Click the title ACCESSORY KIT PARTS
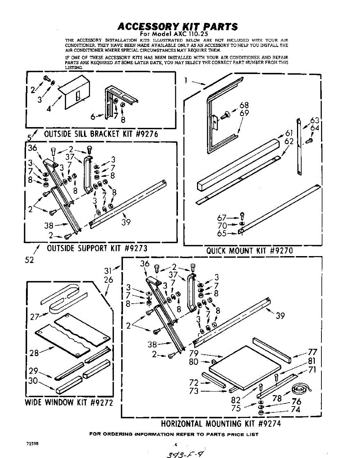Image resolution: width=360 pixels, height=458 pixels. tap(177, 27)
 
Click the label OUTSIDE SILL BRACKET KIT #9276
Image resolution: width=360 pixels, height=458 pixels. tap(101, 134)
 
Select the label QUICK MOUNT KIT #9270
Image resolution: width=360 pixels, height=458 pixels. tap(249, 251)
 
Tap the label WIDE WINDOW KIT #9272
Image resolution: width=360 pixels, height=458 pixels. tap(69, 403)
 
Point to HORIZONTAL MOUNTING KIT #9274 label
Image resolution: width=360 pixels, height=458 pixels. tap(221, 424)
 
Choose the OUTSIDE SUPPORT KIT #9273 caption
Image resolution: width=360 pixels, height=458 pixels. tap(97, 248)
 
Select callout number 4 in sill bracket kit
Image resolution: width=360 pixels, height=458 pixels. tap(49, 108)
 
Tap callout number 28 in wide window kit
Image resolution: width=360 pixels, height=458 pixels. tap(34, 353)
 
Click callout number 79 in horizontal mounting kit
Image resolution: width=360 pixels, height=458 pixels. tap(194, 353)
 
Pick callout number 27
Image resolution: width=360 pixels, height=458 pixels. tap(34, 316)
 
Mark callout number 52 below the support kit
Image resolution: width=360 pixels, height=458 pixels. tap(29, 260)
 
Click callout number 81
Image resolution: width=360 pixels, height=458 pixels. tap(312, 361)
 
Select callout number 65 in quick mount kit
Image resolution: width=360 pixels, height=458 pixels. tap(222, 234)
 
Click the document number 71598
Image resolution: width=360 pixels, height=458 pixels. tap(32, 444)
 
